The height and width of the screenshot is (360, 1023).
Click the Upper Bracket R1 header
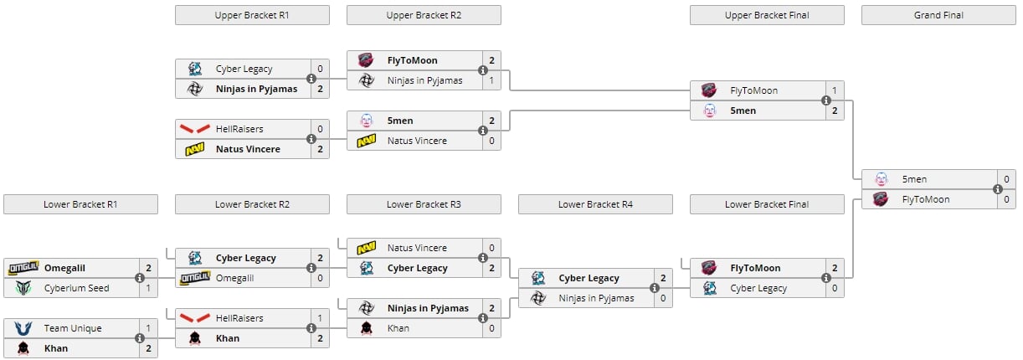pos(252,15)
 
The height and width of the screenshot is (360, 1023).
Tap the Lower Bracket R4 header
pos(595,204)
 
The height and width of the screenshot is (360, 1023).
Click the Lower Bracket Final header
pos(767,204)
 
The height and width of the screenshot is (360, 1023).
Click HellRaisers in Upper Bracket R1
pos(239,129)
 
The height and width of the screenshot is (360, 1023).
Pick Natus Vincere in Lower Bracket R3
pos(417,248)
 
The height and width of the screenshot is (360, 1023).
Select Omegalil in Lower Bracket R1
pos(64,268)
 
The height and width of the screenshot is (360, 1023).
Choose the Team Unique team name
pos(73,328)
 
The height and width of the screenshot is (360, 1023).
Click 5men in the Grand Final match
pos(914,179)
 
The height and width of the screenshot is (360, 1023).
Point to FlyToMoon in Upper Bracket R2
pos(413,60)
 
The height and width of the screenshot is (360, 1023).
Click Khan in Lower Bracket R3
pos(398,328)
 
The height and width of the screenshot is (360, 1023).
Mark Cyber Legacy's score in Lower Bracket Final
pos(834,288)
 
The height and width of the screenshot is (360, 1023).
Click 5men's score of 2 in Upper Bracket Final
pos(834,111)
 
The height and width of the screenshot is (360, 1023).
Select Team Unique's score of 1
pos(147,328)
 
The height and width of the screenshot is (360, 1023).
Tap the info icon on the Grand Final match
pos(998,189)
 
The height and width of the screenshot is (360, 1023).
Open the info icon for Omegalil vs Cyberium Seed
pos(140,278)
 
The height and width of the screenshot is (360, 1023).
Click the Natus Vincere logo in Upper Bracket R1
pos(195,149)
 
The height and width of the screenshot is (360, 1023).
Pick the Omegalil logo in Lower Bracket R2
pos(195,278)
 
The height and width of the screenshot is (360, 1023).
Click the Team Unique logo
pos(23,328)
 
